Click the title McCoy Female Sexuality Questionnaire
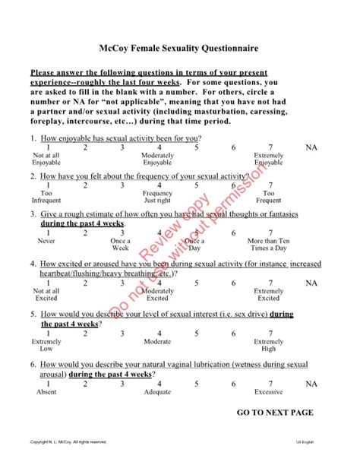pos(179,48)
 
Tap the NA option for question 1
pos(311,147)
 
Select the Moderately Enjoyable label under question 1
pos(157,159)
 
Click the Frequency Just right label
pos(157,197)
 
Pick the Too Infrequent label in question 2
pos(46,197)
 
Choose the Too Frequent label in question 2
pos(269,197)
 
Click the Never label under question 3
pos(46,240)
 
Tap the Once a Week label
pos(121,244)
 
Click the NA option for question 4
pos(311,283)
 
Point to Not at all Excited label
pos(46,295)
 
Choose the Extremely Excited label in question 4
pos(269,295)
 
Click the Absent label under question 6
pos(46,393)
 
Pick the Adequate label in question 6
pos(157,393)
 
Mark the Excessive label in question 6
pos(269,393)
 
